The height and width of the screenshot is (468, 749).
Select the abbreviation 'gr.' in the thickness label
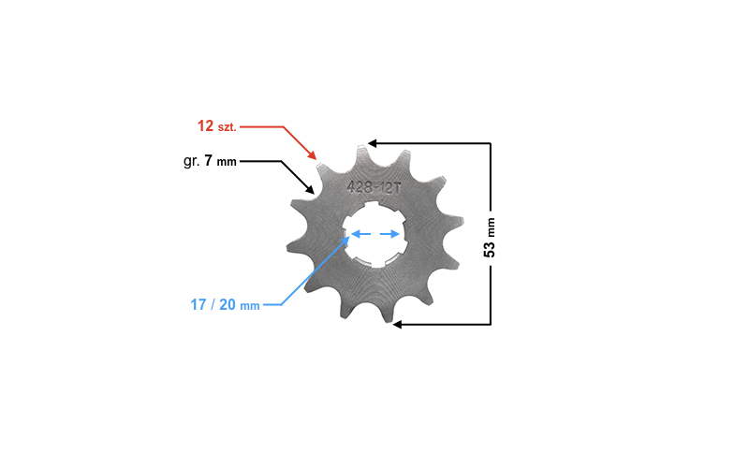pos(191,161)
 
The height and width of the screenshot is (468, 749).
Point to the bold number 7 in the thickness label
pos(209,161)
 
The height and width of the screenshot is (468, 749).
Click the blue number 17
pos(198,304)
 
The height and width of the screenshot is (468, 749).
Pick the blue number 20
pos(228,304)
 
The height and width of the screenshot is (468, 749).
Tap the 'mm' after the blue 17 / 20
pos(250,305)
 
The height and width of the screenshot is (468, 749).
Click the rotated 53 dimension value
pos(489,246)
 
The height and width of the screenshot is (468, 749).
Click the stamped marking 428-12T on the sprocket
pos(374,186)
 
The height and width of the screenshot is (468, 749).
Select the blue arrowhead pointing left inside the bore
pos(354,235)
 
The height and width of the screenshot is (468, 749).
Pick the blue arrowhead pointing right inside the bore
pos(396,235)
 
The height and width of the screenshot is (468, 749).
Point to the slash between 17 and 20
pos(213,304)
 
